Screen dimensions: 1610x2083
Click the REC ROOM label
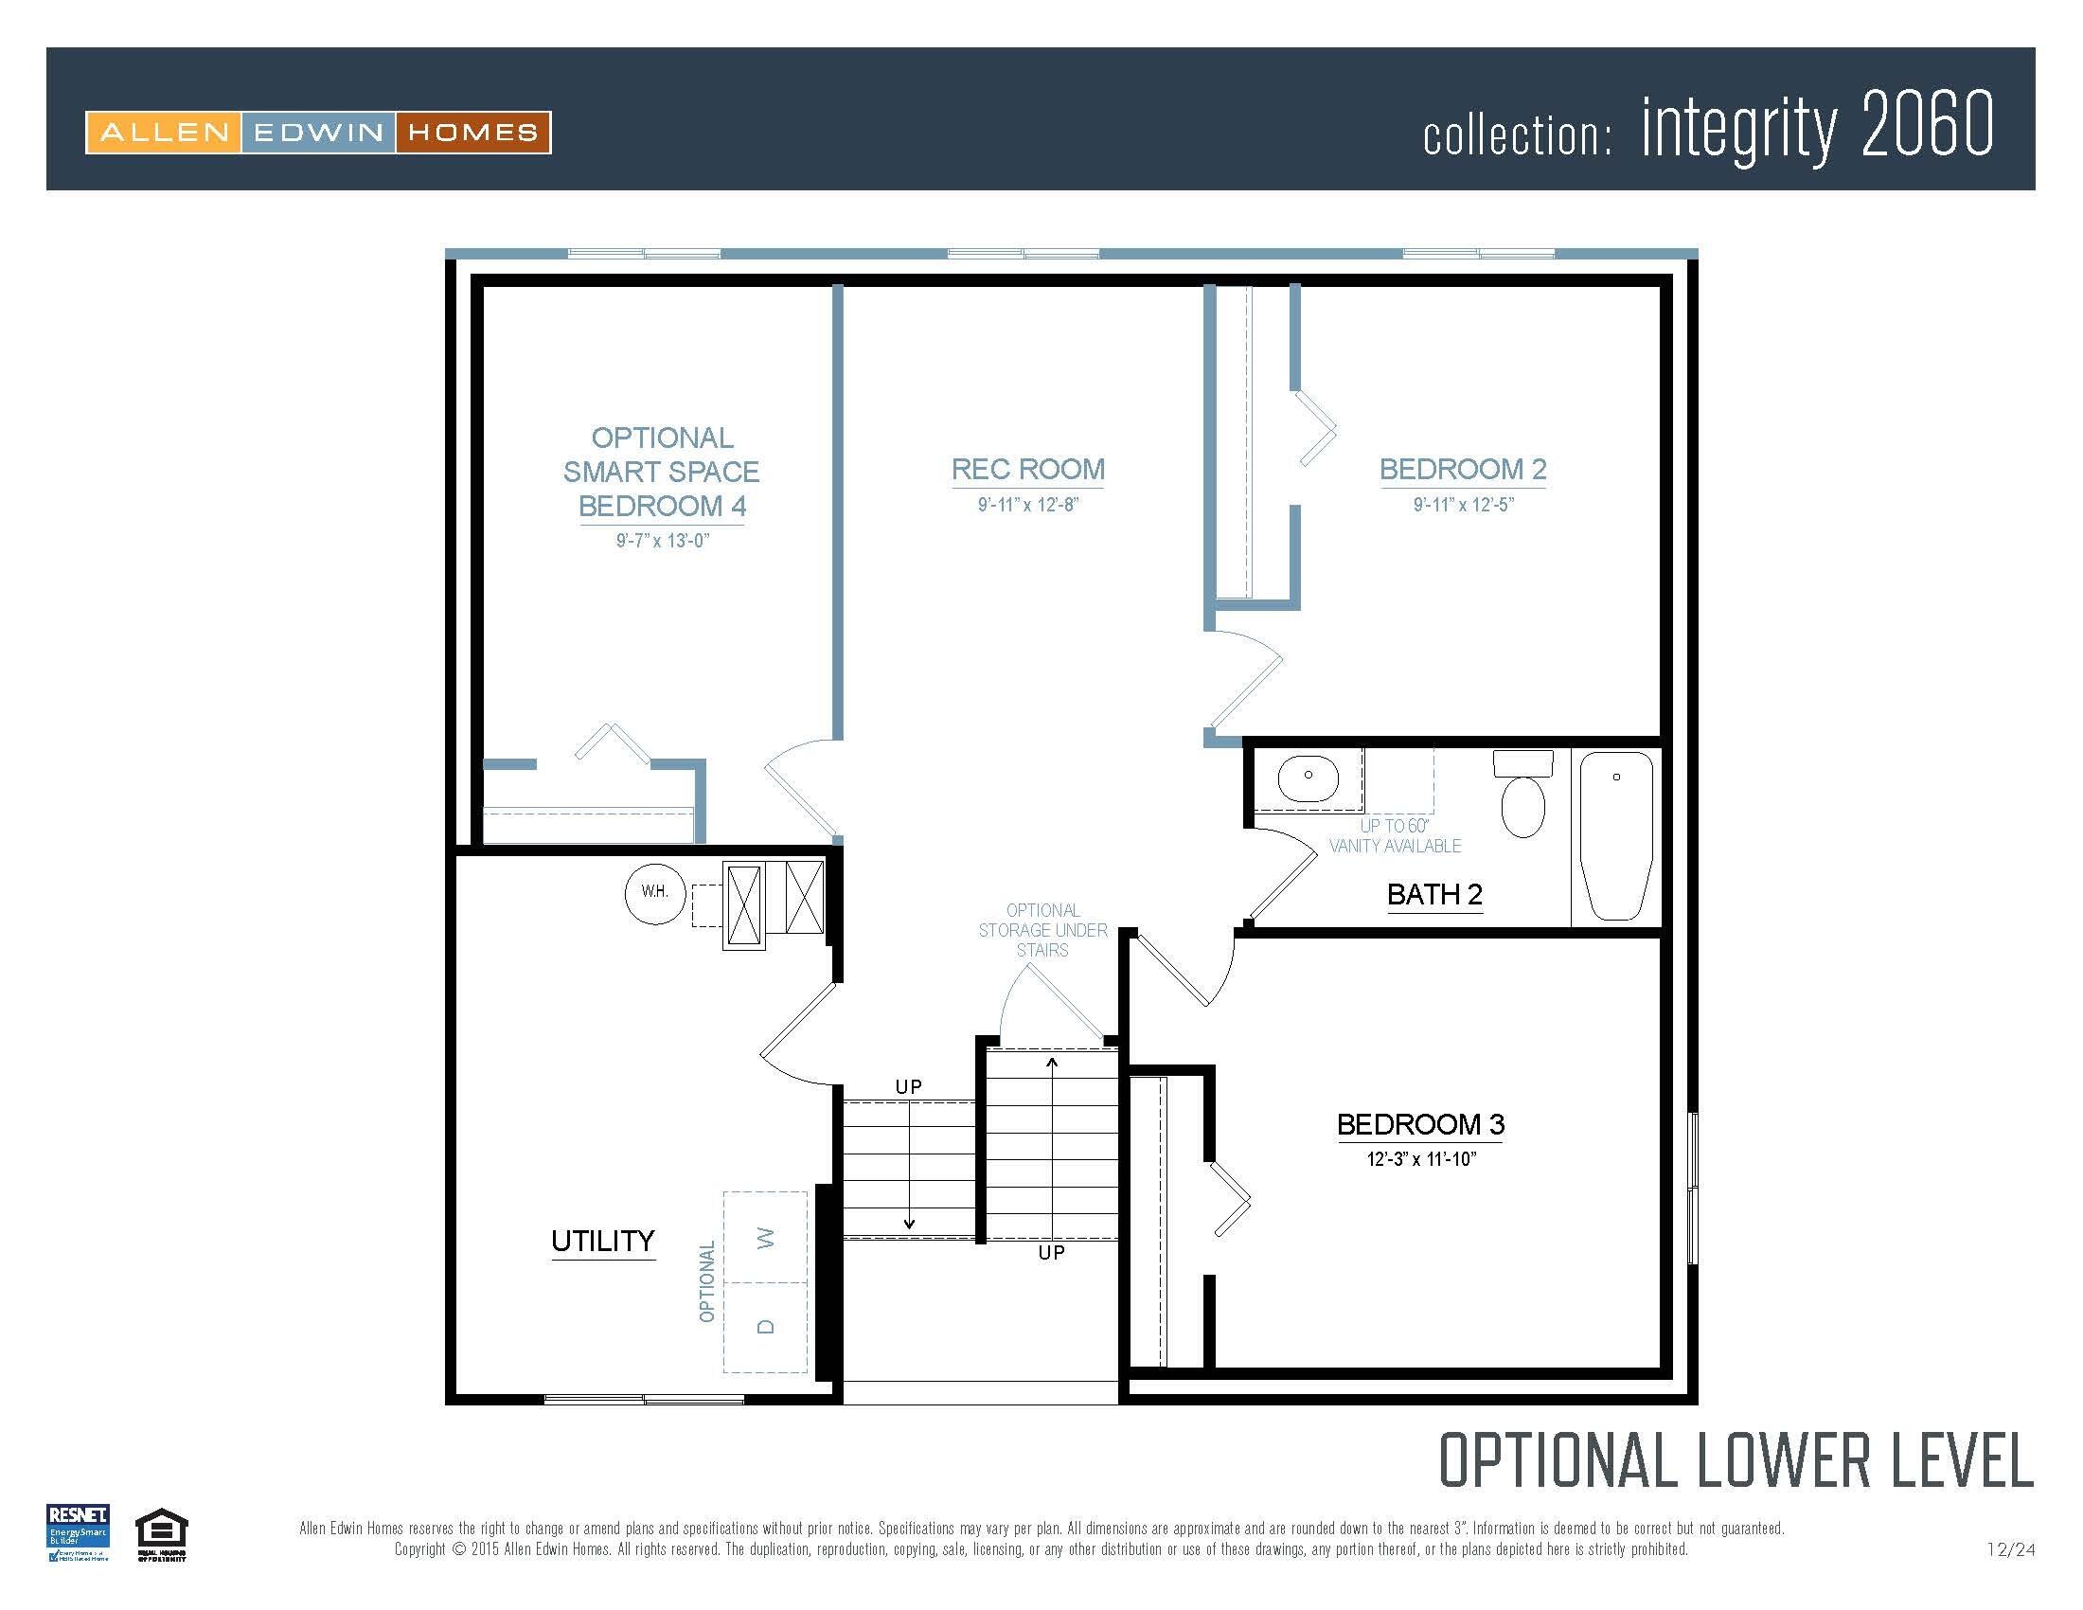click(1027, 469)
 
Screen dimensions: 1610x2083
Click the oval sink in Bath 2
click(1308, 776)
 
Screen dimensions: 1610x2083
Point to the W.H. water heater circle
click(654, 893)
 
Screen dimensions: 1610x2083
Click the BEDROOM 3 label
click(1420, 1124)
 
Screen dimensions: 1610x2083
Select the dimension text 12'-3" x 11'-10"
click(1421, 1159)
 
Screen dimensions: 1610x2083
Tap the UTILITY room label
click(603, 1241)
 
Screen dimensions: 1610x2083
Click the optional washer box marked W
click(765, 1237)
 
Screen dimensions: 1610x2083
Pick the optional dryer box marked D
click(765, 1327)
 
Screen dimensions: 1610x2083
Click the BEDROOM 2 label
click(1462, 469)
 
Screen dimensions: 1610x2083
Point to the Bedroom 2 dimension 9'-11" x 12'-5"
click(1463, 505)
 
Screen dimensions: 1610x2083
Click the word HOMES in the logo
click(472, 133)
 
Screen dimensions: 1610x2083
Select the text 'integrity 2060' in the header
click(1816, 127)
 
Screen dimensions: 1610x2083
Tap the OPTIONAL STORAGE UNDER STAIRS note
click(1042, 930)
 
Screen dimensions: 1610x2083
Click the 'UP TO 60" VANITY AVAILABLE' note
click(1395, 836)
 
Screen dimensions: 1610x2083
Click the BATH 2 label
click(1434, 895)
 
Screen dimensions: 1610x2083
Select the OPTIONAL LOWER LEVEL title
click(1735, 1460)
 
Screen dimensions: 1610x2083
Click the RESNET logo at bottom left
click(79, 1531)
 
